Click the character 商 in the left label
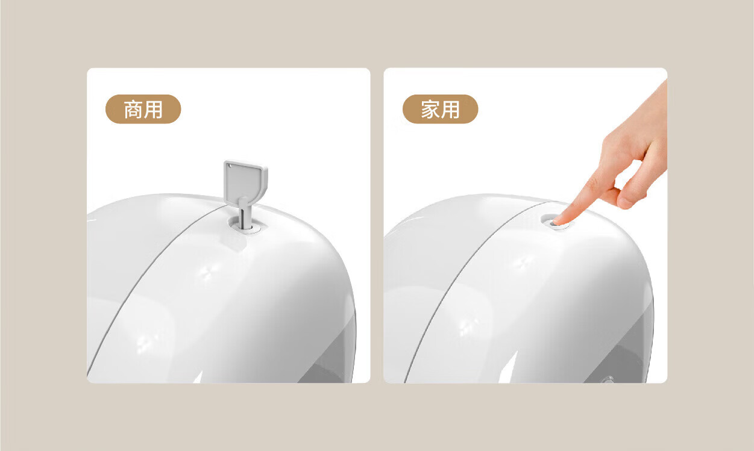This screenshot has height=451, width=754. pos(134,110)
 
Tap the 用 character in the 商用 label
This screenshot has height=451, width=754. pos(153,110)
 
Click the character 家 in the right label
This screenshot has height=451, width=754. pos(430,110)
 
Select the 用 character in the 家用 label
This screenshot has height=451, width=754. pos(450,110)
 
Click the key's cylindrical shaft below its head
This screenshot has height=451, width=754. pos(245,215)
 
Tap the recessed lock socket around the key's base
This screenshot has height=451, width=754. pos(246,225)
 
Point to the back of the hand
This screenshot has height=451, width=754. pos(639,128)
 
